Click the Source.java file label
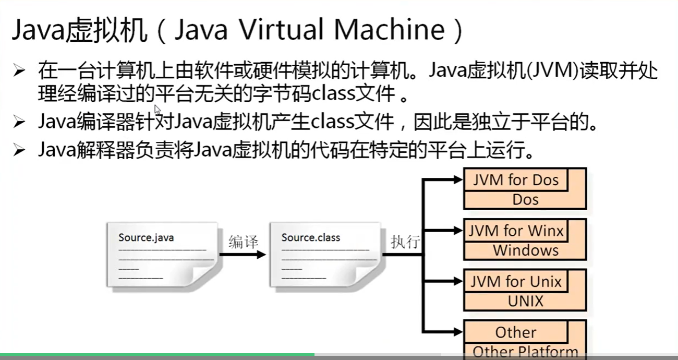pos(146,238)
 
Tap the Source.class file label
pos(310,238)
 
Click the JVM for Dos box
pos(515,181)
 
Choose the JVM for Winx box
pos(515,231)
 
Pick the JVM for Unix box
pos(515,282)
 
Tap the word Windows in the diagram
pos(526,250)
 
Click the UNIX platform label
pos(526,301)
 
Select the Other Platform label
pos(526,352)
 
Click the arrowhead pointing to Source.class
pos(261,255)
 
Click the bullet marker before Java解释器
pos(19,151)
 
